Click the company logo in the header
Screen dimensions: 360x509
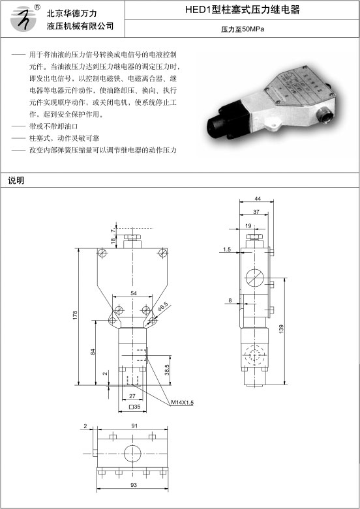pyautogui.click(x=23, y=18)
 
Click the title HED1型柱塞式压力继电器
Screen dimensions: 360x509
pyautogui.click(x=243, y=10)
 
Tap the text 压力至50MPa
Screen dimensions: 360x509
pyautogui.click(x=243, y=29)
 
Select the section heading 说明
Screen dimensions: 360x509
pyautogui.click(x=16, y=181)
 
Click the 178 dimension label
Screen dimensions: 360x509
pyautogui.click(x=76, y=315)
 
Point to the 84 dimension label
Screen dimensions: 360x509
pyautogui.click(x=93, y=351)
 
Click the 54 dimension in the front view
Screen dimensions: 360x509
pyautogui.click(x=134, y=293)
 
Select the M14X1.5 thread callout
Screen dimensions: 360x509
pyautogui.click(x=182, y=403)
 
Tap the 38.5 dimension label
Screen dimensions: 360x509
pyautogui.click(x=167, y=370)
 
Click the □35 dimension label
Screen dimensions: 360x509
pyautogui.click(x=135, y=407)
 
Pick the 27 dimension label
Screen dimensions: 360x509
pyautogui.click(x=132, y=396)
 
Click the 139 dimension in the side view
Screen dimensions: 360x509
pyautogui.click(x=281, y=328)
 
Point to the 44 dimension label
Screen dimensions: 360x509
pyautogui.click(x=258, y=198)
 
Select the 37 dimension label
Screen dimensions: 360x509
pyautogui.click(x=256, y=212)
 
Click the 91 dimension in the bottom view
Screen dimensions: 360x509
pyautogui.click(x=134, y=426)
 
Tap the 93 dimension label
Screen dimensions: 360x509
pyautogui.click(x=134, y=485)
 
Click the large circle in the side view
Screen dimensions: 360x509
pyautogui.click(x=254, y=278)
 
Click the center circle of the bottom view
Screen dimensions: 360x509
pyautogui.click(x=132, y=453)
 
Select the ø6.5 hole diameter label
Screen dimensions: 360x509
pyautogui.click(x=163, y=306)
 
